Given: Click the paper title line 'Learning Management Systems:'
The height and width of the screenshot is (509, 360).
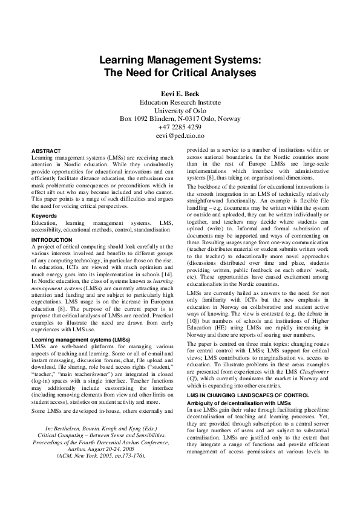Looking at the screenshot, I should click(x=180, y=60).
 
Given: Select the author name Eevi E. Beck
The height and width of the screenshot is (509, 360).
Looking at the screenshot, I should click(x=180, y=94).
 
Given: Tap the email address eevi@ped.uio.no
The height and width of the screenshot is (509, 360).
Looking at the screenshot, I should click(x=180, y=136).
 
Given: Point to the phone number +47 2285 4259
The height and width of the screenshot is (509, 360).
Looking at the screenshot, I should click(x=180, y=128).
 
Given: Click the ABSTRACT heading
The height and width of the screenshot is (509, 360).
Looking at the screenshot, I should click(x=46, y=151).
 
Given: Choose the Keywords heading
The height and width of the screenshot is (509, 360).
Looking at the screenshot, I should click(x=45, y=216).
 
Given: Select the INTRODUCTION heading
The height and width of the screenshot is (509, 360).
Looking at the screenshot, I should click(x=51, y=240).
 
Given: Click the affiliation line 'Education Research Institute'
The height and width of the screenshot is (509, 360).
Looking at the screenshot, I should click(x=180, y=102).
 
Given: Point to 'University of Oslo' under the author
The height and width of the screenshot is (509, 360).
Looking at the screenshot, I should click(x=180, y=111).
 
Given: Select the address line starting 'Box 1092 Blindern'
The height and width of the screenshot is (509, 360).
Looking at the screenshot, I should click(x=180, y=119).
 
